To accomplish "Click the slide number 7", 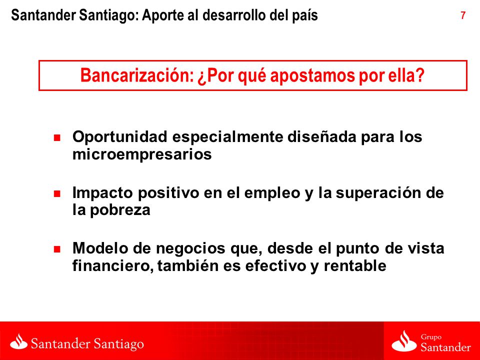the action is point(463,15).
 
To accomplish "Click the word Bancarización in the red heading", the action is point(137,75).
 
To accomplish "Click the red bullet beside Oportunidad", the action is point(57,137).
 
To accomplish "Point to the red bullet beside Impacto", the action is point(57,193).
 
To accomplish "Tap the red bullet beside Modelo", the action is point(57,249).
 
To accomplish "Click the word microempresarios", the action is point(142,154).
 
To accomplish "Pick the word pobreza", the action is point(120,210).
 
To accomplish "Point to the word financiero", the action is point(113,265).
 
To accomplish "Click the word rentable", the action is point(355,265).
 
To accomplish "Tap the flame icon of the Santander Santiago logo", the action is point(18,341).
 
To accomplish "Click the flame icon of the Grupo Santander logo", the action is point(404,341).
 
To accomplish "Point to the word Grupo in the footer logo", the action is point(431,337).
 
